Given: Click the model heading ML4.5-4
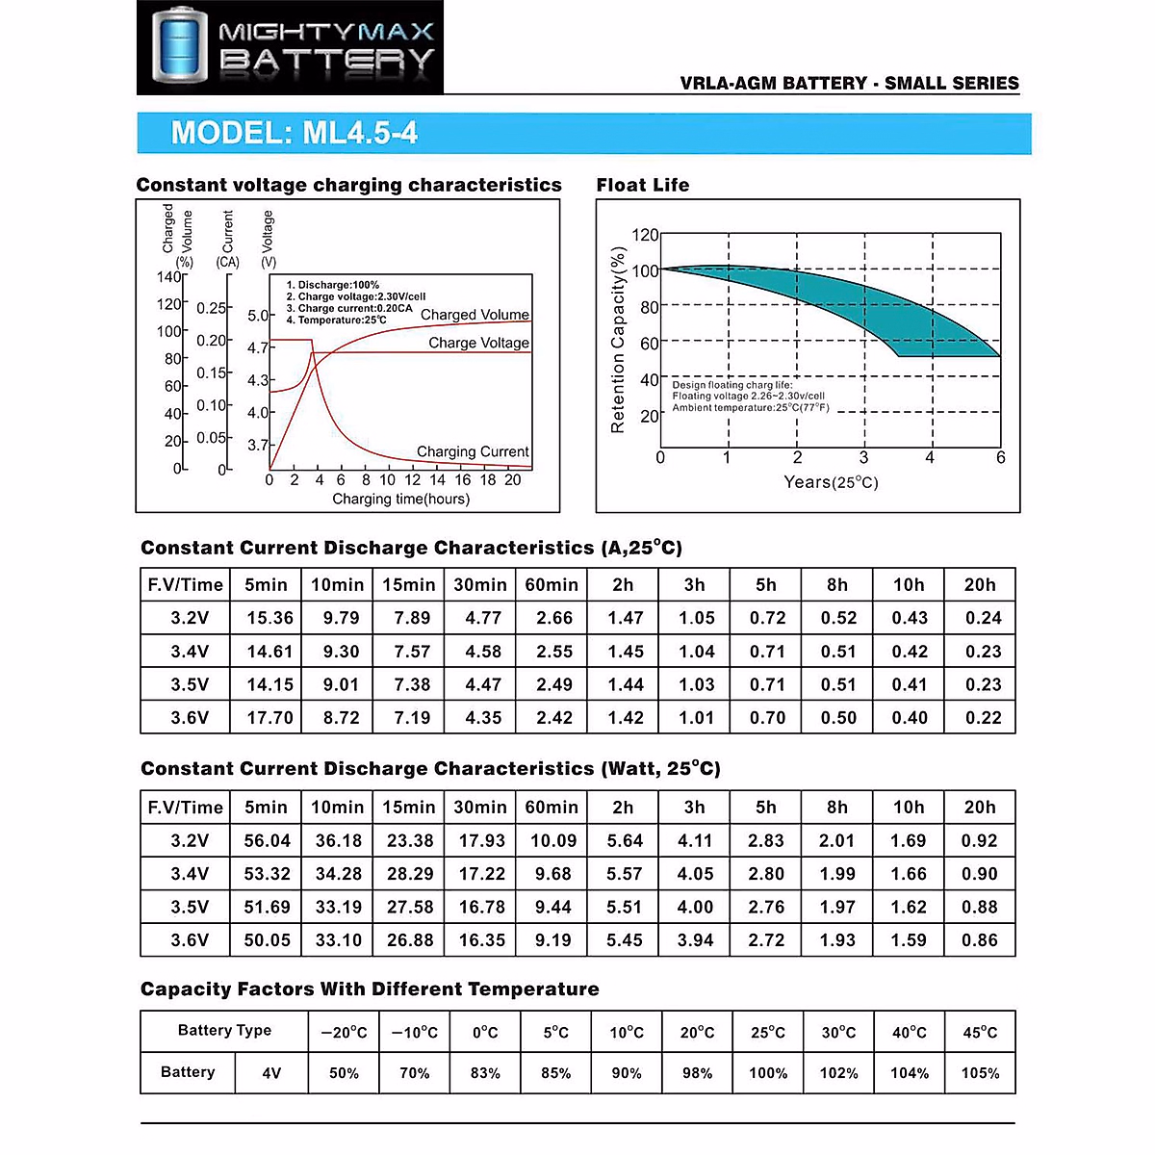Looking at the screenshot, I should [x=294, y=133].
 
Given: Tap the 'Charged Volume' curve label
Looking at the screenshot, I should [x=475, y=315].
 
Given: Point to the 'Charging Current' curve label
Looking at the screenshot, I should [x=473, y=451].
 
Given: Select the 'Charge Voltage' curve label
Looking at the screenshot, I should [x=478, y=343].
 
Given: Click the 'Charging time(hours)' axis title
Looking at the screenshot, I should [x=400, y=499].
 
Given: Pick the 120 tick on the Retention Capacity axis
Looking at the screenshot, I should [x=645, y=235].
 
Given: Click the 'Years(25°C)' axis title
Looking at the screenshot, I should [x=831, y=482].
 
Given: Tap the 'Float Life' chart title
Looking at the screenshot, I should [x=642, y=185].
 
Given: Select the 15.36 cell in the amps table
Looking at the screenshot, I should [x=269, y=618].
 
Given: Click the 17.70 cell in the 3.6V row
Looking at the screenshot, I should [x=269, y=717].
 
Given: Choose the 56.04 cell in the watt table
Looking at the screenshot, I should [x=267, y=840].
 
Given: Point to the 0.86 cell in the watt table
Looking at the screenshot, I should [x=979, y=940].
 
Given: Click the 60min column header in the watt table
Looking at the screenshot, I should [x=552, y=808].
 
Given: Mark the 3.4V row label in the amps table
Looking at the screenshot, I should [x=190, y=652].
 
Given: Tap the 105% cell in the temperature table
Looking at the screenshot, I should [x=980, y=1073].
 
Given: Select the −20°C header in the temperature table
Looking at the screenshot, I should [x=344, y=1033].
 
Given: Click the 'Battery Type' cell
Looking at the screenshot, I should [x=224, y=1031].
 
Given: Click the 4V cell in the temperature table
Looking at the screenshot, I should [x=271, y=1073].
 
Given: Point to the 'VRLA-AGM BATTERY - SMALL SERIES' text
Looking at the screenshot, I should [x=849, y=83].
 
